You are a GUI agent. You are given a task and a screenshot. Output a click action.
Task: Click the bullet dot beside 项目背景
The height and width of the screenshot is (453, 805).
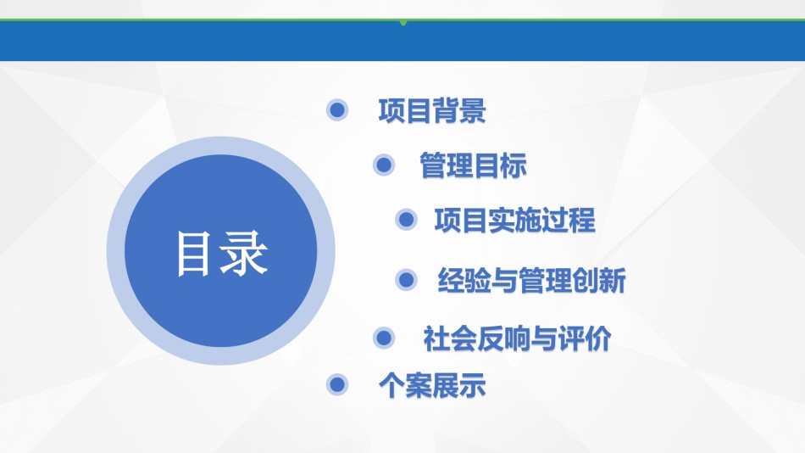(x=337, y=110)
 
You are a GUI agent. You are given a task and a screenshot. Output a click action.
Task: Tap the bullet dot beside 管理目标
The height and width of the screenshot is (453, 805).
(x=384, y=165)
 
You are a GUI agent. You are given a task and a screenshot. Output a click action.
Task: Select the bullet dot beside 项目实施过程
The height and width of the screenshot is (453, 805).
(x=406, y=220)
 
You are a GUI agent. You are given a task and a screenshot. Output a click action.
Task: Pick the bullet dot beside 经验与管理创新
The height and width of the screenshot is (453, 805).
(x=406, y=280)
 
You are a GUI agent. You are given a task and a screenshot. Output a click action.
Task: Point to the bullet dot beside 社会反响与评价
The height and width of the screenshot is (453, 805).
(x=384, y=338)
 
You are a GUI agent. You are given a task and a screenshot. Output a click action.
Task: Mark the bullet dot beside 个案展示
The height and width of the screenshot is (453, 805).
(x=337, y=384)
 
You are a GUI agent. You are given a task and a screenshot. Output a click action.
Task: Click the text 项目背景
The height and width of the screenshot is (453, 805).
(x=432, y=110)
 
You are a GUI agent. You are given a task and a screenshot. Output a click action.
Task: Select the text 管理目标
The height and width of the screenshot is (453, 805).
(x=474, y=165)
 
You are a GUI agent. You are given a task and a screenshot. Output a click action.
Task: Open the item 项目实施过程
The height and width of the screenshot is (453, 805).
(x=515, y=221)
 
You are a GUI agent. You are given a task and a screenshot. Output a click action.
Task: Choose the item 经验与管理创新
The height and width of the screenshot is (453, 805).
(x=531, y=281)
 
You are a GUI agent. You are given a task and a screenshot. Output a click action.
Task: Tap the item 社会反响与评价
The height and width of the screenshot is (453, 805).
(x=518, y=338)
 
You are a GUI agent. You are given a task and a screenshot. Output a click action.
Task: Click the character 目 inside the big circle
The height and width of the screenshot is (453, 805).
(x=193, y=254)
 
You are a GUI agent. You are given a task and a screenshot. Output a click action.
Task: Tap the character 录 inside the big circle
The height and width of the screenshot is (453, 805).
(x=243, y=254)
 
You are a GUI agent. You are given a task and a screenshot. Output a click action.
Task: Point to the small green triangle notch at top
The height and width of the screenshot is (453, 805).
(x=403, y=23)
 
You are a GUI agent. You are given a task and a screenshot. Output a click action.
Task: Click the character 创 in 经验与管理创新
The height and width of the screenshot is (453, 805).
(x=586, y=281)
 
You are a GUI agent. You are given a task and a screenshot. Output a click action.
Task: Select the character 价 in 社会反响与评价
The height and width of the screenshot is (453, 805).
(x=598, y=338)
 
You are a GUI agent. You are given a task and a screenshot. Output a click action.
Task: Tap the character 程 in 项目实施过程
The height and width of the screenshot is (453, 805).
(x=583, y=221)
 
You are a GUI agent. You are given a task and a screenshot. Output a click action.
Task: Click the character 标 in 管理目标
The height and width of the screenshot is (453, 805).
(x=514, y=165)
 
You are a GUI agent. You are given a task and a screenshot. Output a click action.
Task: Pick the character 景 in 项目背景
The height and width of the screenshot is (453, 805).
(x=473, y=110)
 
